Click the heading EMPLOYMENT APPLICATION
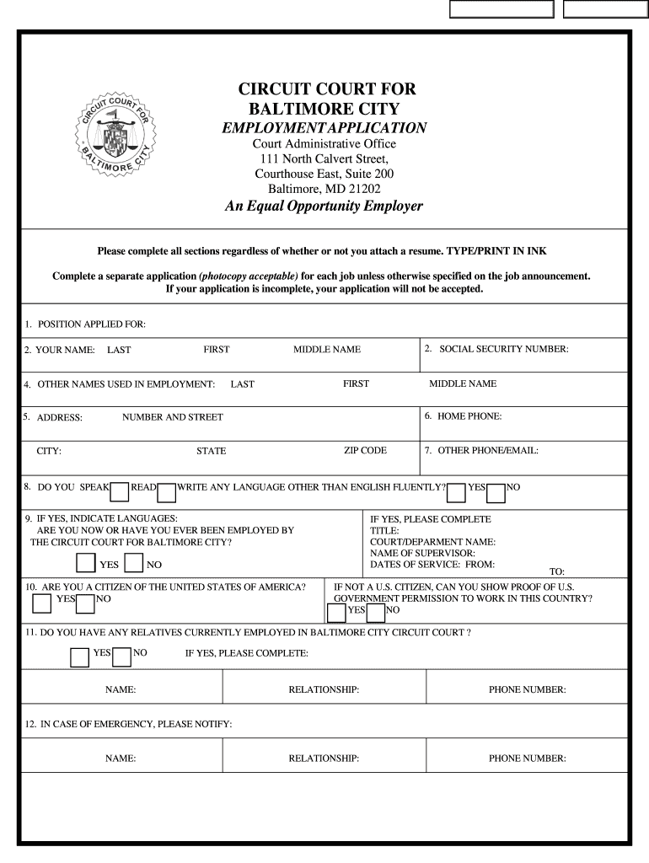(324, 128)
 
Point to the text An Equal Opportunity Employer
(324, 206)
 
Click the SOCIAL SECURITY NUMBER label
(503, 349)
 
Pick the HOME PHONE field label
(469, 416)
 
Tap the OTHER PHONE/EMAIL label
(487, 451)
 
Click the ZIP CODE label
(365, 451)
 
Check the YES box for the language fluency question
(456, 491)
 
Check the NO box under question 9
(133, 564)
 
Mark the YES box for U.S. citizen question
(41, 603)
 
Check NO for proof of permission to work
(375, 610)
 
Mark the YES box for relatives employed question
(79, 657)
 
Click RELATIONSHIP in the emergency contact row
(324, 758)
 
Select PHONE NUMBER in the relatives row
(527, 690)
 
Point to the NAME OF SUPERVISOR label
(420, 553)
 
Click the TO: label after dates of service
(557, 571)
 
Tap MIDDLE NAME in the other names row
(463, 384)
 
